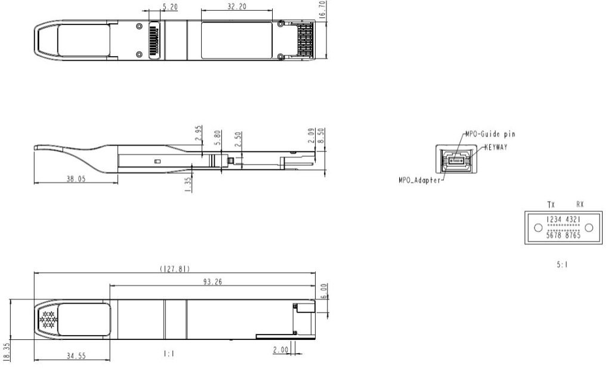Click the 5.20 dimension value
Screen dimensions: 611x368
point(170,7)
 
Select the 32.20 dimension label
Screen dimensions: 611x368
point(237,7)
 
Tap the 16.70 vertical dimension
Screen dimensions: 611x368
point(322,10)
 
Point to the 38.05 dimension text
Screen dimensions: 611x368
point(76,179)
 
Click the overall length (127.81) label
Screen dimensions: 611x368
point(175,269)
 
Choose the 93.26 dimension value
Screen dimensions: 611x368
point(212,282)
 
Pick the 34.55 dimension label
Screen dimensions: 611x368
point(76,355)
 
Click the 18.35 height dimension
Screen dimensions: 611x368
point(6,352)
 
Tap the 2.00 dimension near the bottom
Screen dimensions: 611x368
point(280,350)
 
